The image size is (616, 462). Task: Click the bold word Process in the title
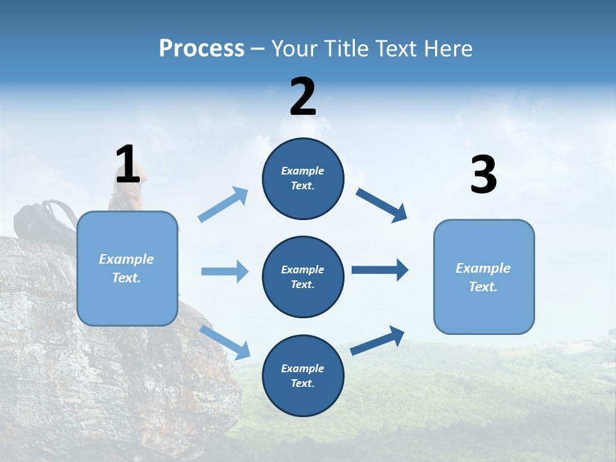coord(201,49)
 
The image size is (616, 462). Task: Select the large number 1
coord(128,165)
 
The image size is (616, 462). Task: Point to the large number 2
coord(303,97)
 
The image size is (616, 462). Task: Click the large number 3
coord(483,176)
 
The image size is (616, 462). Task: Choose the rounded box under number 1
coord(127,268)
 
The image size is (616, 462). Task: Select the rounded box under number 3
coord(484,277)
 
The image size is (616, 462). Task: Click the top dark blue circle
coord(303,178)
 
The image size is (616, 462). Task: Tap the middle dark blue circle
coord(303,277)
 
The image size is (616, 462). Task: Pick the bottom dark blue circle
coord(303,375)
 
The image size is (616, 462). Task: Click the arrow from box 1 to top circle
coord(223,205)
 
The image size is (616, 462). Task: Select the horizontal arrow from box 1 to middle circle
coord(225,271)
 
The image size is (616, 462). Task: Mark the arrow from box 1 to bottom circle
coord(225,343)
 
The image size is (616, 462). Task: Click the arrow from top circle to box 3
coord(382,205)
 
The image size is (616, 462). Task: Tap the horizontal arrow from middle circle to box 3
coord(380,270)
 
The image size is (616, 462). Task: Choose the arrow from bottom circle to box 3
coord(377,341)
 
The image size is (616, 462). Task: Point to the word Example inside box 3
coord(483,268)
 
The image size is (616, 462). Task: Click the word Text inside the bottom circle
coord(302,383)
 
